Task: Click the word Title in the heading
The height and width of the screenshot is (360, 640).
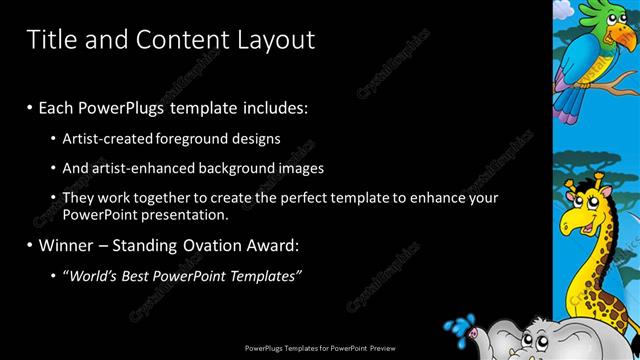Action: (49, 39)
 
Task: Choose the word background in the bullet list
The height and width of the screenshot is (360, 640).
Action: (255, 168)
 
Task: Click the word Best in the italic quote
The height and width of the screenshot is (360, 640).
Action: (153, 275)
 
